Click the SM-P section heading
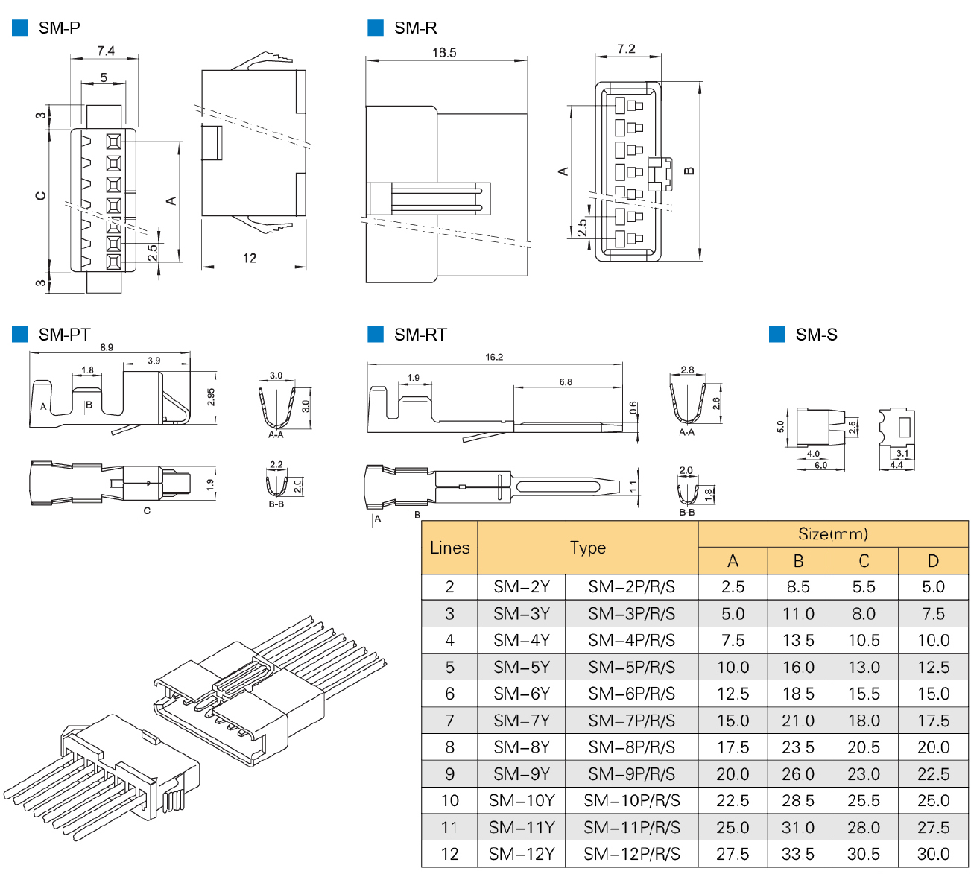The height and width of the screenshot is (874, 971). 59,28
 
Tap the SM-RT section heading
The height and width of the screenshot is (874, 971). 420,335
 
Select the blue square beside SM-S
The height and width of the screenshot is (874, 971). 777,335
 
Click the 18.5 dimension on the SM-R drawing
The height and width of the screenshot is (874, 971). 444,53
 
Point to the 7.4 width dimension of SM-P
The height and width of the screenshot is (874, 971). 105,51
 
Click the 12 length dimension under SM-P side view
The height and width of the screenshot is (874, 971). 250,258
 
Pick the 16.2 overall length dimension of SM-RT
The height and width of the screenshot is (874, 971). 494,357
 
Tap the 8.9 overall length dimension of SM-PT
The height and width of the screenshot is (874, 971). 107,347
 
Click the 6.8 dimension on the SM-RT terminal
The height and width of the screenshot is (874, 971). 566,382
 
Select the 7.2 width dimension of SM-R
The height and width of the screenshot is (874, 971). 627,49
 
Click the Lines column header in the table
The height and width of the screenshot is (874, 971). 449,548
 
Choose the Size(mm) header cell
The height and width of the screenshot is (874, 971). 832,533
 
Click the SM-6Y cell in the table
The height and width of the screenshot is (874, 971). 522,694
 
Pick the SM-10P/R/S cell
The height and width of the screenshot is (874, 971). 631,801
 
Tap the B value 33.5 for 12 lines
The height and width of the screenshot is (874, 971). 798,854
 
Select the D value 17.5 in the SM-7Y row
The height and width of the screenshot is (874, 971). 933,721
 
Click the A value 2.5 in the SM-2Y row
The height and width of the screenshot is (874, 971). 733,587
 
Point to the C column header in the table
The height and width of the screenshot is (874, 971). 864,561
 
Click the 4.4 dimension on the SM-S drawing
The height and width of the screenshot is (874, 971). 896,465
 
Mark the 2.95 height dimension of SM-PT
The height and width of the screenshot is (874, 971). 212,397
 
